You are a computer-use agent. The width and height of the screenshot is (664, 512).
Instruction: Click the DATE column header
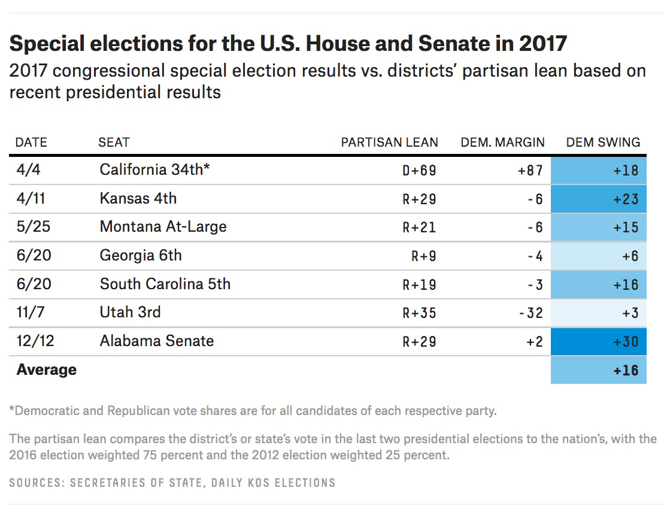click(x=31, y=142)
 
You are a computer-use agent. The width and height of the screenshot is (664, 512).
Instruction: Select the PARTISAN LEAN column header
click(x=389, y=142)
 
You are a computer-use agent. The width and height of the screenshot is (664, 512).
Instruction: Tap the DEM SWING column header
click(x=603, y=142)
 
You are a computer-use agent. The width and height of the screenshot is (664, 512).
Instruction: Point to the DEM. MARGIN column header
click(x=502, y=142)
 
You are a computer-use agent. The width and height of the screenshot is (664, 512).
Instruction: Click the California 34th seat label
click(x=154, y=169)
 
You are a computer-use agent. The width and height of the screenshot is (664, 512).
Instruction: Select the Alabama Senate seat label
click(x=156, y=341)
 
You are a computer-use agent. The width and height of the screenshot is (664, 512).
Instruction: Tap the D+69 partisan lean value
click(x=419, y=170)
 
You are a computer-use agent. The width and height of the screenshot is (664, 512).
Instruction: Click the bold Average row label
click(x=47, y=369)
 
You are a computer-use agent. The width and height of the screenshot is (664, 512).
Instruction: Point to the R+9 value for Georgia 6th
click(x=423, y=256)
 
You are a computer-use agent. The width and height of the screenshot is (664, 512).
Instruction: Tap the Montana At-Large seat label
click(x=163, y=227)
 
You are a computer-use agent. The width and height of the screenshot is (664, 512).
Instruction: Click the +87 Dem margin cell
click(x=530, y=170)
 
